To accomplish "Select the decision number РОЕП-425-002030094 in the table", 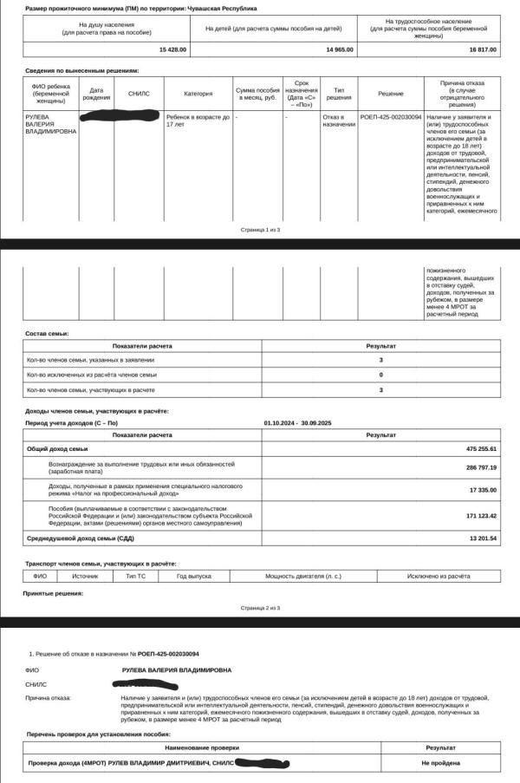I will [x=391, y=116].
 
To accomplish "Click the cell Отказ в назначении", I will [x=339, y=120].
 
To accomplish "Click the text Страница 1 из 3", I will [x=260, y=230].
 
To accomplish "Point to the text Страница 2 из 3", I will [x=260, y=608].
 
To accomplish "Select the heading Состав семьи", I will [x=48, y=333].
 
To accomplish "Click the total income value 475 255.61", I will [x=481, y=448].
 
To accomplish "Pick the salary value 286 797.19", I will [x=481, y=467].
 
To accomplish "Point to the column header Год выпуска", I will [x=194, y=576].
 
